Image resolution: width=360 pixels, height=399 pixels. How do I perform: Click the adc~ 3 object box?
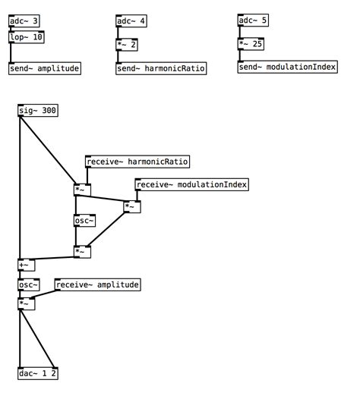pos(24,21)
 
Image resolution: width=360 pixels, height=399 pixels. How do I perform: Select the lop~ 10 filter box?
pos(27,36)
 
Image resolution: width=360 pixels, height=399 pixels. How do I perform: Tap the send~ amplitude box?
pos(45,69)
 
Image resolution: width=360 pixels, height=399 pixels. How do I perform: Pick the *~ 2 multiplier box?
pos(126,45)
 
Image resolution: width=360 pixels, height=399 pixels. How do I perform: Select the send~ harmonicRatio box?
pos(161,69)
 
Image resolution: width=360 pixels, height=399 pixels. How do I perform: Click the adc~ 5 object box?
pos(252,20)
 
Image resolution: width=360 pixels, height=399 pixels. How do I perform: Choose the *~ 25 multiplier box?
pos(251,44)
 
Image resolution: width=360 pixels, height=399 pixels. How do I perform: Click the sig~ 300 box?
pos(37,111)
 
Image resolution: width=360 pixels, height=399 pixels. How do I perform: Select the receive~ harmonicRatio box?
pos(137,161)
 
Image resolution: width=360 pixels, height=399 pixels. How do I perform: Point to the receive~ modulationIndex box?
pos(191,184)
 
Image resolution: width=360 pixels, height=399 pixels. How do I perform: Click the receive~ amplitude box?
pos(97,284)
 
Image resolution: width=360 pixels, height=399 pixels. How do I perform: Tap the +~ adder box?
pos(27,265)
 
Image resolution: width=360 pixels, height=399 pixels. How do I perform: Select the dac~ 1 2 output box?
pos(37,374)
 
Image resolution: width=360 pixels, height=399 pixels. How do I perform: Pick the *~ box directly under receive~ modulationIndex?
pos(132,206)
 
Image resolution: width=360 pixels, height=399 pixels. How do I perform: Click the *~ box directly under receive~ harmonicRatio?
pos(82,189)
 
